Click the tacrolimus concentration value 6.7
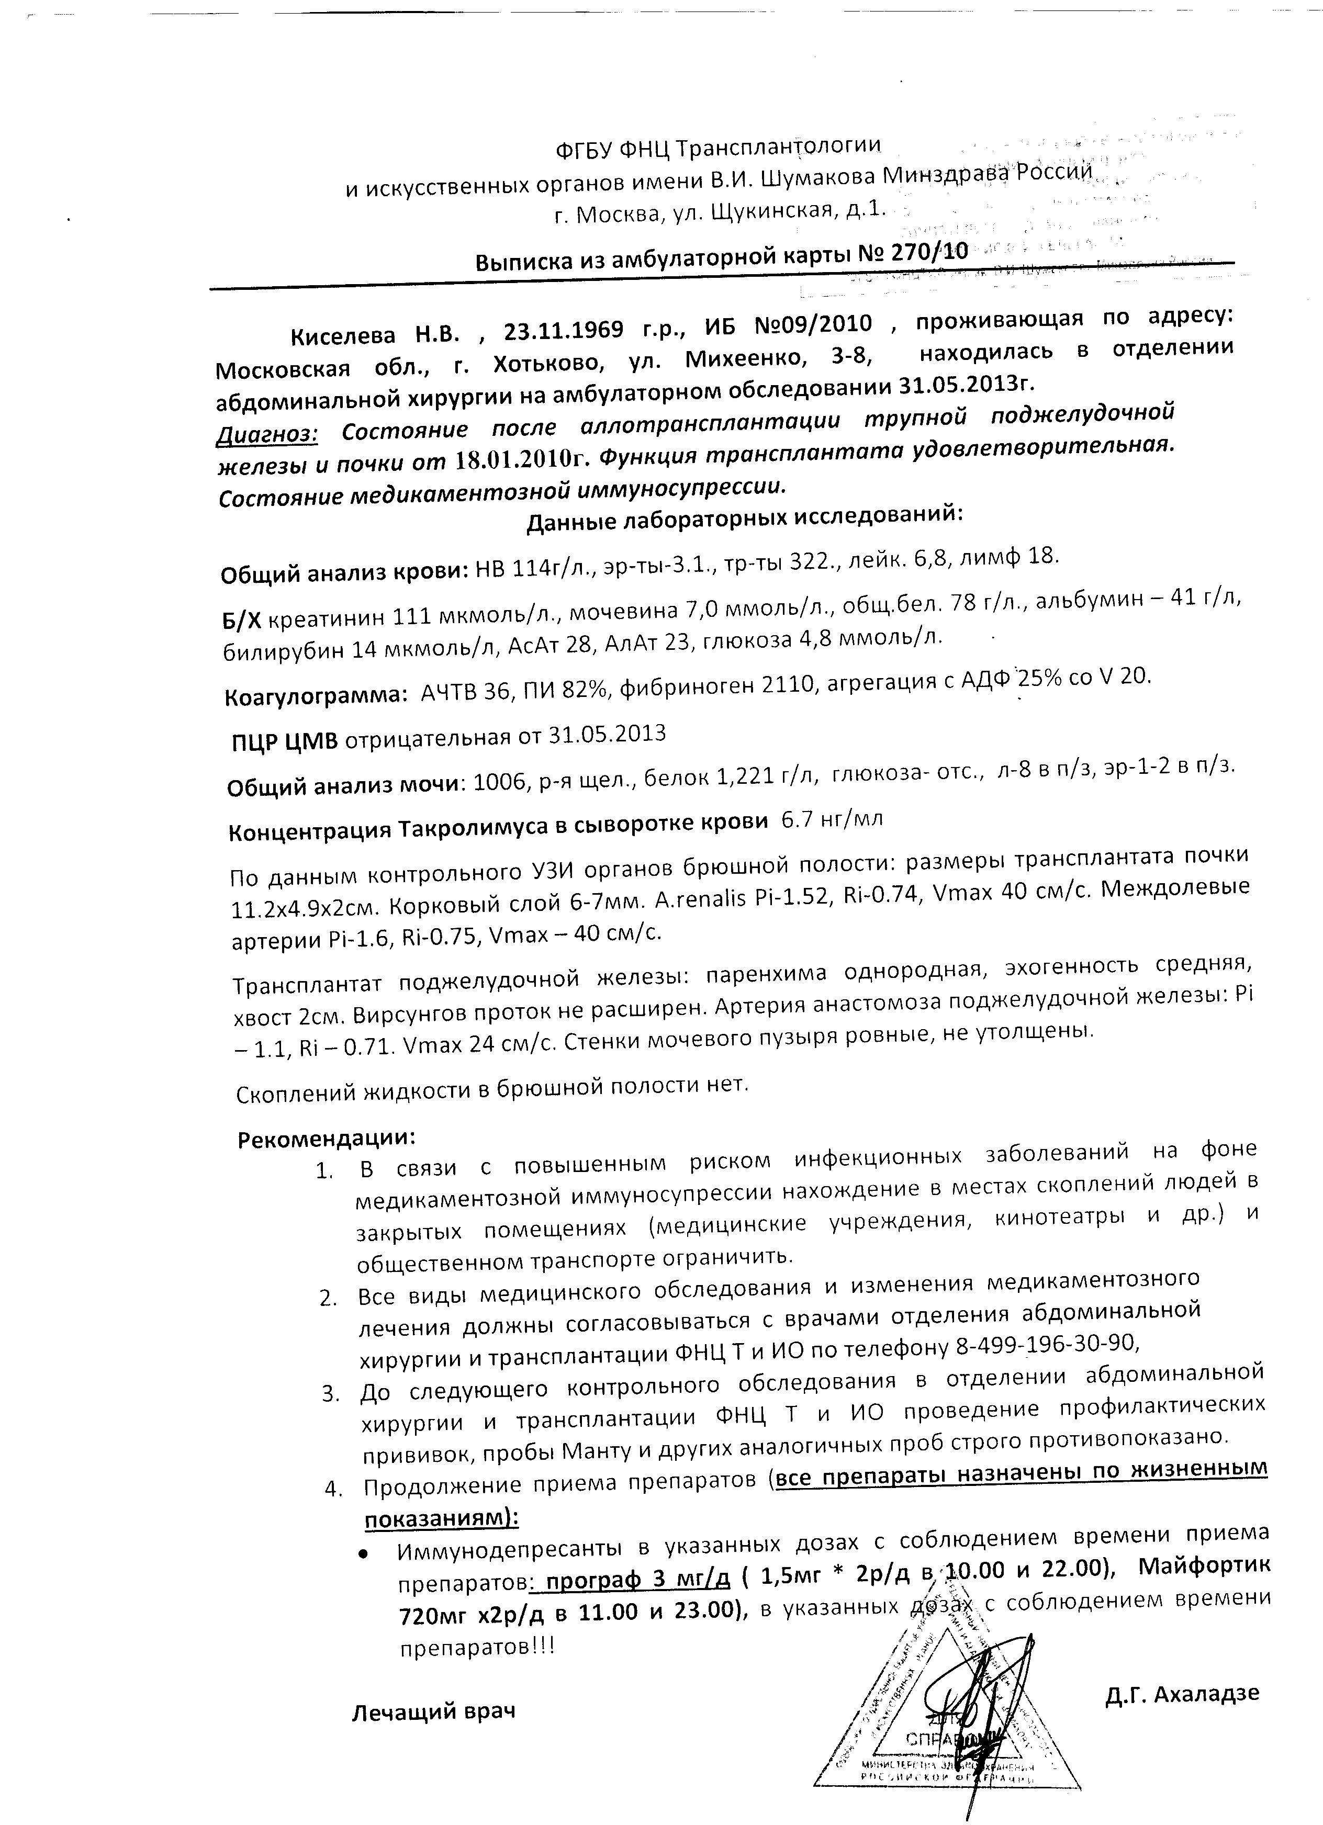coord(797,820)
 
